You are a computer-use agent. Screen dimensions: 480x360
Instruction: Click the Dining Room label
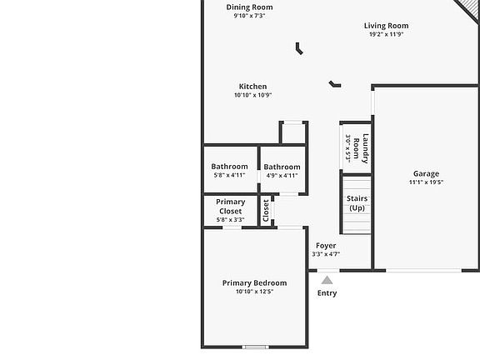249,7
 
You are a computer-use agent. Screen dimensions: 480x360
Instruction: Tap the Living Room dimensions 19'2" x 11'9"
387,34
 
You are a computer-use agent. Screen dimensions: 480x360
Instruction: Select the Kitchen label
252,87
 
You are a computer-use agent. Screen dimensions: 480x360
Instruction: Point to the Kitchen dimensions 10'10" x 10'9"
252,95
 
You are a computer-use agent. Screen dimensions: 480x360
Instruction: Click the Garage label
426,174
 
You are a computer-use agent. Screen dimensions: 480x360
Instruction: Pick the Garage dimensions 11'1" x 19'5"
426,182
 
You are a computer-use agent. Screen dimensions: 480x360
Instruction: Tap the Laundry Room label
361,148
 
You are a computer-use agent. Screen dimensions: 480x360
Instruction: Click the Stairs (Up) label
357,203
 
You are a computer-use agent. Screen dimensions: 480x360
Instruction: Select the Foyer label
326,246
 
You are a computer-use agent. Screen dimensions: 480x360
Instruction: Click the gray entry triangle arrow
327,280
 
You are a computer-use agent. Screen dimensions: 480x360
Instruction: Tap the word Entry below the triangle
327,293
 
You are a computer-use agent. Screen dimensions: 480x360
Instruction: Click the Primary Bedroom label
255,283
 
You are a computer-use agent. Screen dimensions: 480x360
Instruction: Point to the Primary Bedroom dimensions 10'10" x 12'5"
255,292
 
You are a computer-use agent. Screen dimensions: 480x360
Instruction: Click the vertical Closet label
266,211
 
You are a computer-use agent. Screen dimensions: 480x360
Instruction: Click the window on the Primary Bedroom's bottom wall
255,347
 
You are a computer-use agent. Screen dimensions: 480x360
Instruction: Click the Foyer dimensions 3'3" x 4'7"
326,254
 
